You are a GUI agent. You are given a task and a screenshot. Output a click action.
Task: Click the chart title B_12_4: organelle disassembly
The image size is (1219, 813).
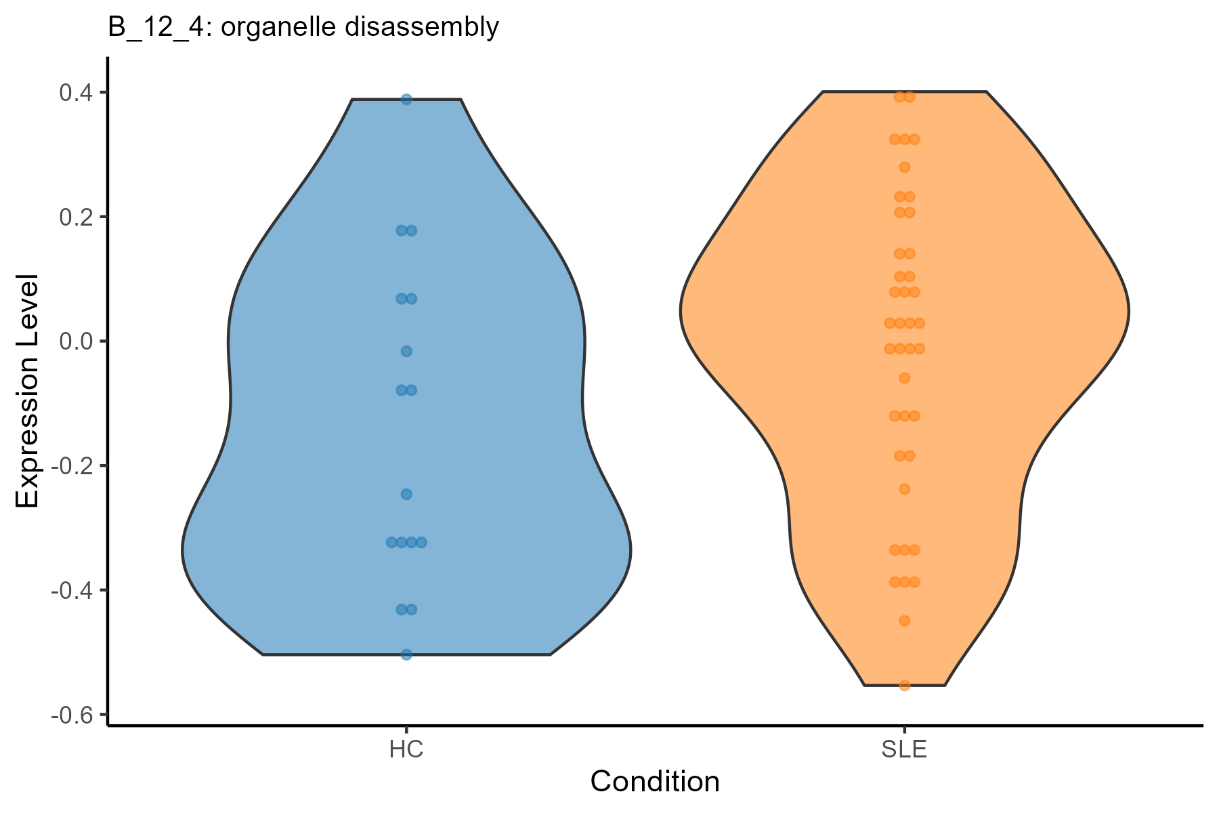pyautogui.click(x=303, y=28)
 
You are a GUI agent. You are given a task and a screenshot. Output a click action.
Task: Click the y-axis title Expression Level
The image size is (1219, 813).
pyautogui.click(x=28, y=391)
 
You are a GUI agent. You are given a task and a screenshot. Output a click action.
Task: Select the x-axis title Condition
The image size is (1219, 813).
pyautogui.click(x=655, y=782)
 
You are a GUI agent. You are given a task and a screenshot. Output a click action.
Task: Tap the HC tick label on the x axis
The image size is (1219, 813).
pyautogui.click(x=406, y=750)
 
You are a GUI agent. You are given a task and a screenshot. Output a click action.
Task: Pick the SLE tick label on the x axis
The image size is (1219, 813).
pyautogui.click(x=904, y=750)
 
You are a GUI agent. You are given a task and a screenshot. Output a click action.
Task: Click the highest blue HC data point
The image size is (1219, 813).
pyautogui.click(x=406, y=100)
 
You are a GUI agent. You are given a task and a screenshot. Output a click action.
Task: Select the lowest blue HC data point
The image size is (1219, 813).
pyautogui.click(x=406, y=654)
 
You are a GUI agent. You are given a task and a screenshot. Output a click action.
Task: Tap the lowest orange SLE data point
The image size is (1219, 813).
pyautogui.click(x=904, y=685)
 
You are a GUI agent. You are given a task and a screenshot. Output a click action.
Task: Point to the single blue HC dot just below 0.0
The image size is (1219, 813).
pyautogui.click(x=406, y=351)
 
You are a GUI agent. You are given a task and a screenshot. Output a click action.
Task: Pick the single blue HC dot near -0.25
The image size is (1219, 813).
pyautogui.click(x=406, y=494)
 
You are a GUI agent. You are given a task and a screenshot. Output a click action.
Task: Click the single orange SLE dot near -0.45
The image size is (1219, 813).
pyautogui.click(x=904, y=621)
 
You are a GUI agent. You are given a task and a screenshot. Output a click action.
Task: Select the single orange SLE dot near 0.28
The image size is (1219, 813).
pyautogui.click(x=904, y=167)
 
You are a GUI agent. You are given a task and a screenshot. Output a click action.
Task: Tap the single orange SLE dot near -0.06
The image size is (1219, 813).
pyautogui.click(x=904, y=378)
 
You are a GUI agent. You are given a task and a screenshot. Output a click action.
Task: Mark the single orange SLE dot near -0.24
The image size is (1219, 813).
pyautogui.click(x=904, y=489)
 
